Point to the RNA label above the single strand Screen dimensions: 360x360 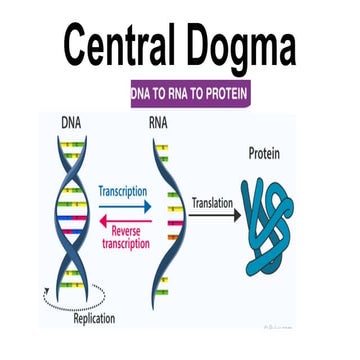pos(158,124)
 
